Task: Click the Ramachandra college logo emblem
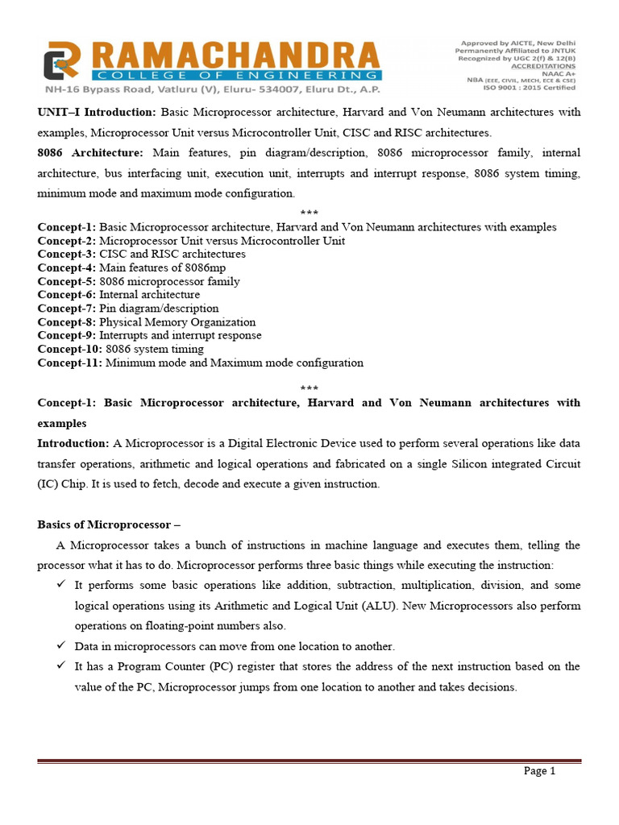click(61, 61)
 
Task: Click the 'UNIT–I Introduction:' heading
click(98, 111)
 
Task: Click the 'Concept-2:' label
click(67, 240)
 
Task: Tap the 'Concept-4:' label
click(67, 267)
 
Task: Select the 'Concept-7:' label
click(67, 309)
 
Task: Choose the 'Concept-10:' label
click(70, 349)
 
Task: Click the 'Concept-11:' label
click(70, 363)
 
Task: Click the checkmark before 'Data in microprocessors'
click(60, 645)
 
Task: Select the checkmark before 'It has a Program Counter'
click(60, 666)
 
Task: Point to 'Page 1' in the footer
click(540, 771)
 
